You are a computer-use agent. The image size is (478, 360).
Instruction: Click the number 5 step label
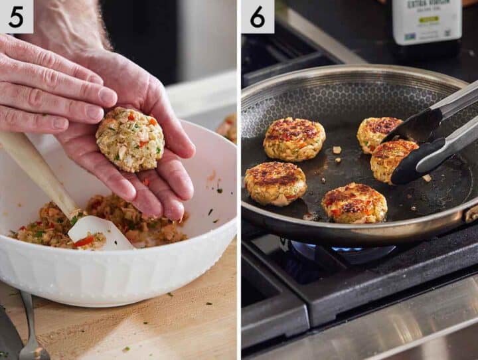pos(16,16)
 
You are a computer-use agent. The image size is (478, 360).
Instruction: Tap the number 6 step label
pos(257,16)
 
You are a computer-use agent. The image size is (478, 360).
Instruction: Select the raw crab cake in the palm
pos(130,139)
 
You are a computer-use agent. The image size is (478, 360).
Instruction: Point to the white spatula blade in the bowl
pos(100,232)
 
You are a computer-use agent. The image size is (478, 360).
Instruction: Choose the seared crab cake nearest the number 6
pos(294,139)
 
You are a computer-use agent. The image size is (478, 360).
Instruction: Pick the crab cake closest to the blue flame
pos(355,203)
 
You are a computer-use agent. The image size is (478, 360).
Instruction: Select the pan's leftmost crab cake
pos(275,183)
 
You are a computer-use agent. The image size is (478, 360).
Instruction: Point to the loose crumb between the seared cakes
pos(337,150)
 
